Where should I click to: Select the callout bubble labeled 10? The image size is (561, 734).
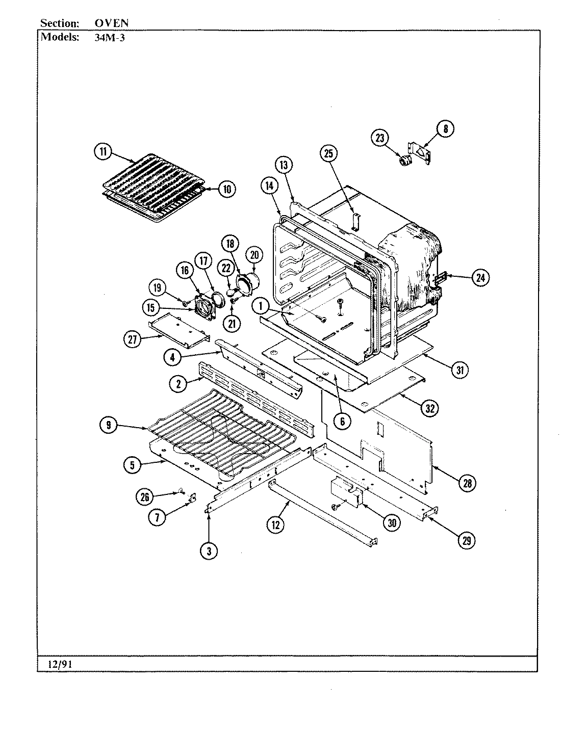pyautogui.click(x=226, y=189)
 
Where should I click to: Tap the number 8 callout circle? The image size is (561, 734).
pyautogui.click(x=445, y=129)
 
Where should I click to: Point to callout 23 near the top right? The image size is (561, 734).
pyautogui.click(x=380, y=138)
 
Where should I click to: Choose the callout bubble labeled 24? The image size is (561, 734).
pyautogui.click(x=480, y=278)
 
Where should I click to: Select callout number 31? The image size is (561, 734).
pyautogui.click(x=460, y=371)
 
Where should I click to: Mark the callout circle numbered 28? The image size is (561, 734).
pyautogui.click(x=467, y=483)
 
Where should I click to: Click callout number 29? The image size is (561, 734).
pyautogui.click(x=466, y=541)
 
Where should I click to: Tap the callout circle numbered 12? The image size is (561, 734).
pyautogui.click(x=275, y=525)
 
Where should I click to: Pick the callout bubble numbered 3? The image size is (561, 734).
pyautogui.click(x=209, y=550)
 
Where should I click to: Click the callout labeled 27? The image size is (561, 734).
pyautogui.click(x=134, y=339)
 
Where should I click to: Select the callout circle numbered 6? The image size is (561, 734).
pyautogui.click(x=342, y=421)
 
